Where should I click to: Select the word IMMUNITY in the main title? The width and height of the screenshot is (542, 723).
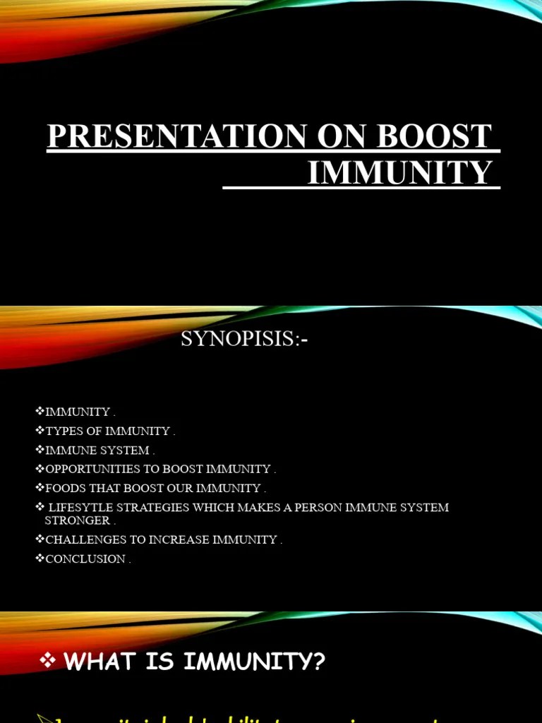pos(399,173)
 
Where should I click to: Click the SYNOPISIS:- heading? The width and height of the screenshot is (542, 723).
pos(245,340)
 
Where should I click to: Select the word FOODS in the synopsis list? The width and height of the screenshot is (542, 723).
pos(64,488)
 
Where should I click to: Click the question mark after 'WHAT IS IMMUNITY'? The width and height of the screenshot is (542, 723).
pos(319,662)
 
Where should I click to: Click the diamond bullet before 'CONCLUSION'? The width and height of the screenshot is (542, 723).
pos(40,558)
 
